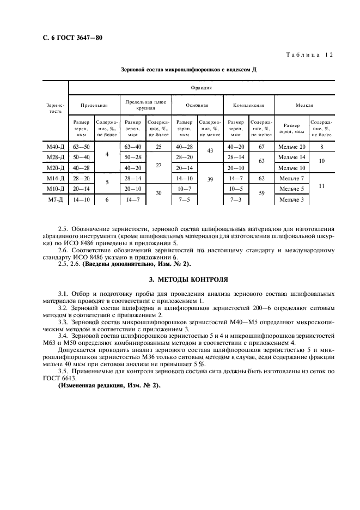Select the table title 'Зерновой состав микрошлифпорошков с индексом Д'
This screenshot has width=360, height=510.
pos(188,70)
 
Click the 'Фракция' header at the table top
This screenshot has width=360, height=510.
pos(201,87)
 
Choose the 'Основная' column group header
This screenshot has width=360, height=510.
pos(197,105)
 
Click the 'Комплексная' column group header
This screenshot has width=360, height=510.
pos(248,105)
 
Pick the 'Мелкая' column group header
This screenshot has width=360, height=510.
pos(304,105)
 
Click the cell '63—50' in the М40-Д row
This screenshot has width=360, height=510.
pos(81,147)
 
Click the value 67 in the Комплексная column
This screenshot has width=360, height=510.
pos(261,147)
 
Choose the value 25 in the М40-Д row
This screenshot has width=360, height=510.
pos(159,147)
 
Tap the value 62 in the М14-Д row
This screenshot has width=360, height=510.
pos(261,178)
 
